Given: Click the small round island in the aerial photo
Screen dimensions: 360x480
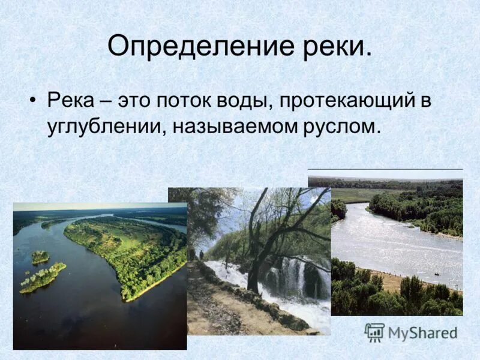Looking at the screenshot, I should click(40, 257).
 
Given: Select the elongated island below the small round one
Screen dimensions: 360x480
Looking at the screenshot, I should click(42, 278).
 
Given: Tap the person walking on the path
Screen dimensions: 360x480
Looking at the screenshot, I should click(202, 255).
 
